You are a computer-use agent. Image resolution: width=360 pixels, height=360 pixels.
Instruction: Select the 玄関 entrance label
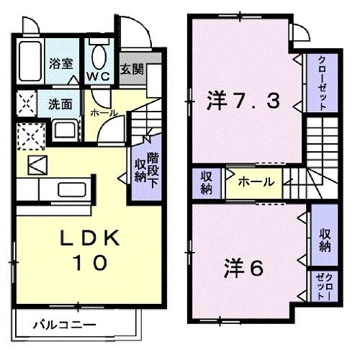tap(130, 70)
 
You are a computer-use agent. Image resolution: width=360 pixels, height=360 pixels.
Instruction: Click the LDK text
tap(88, 239)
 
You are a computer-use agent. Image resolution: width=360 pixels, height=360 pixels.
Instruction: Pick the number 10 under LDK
tap(89, 263)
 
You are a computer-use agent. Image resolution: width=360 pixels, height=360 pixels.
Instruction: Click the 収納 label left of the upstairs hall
tap(207, 182)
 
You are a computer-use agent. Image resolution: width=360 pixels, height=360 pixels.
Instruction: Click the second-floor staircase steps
tap(320, 158)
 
